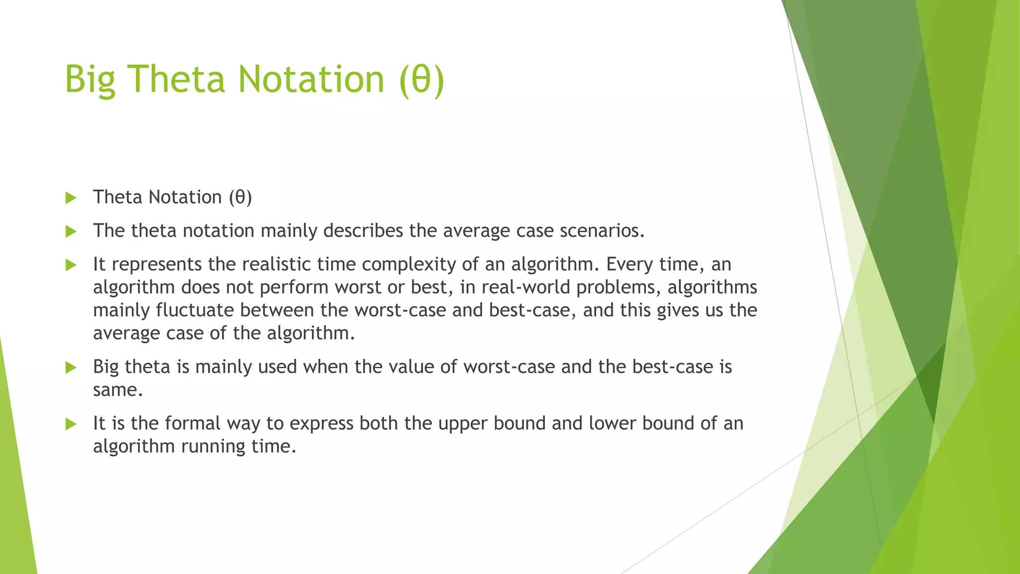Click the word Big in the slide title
(x=90, y=80)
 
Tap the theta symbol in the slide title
(x=421, y=80)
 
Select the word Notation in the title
(x=311, y=80)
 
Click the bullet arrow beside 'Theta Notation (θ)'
(x=71, y=198)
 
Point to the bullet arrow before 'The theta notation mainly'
(x=71, y=231)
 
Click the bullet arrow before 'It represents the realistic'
(x=71, y=265)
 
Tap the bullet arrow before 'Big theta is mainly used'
(x=71, y=368)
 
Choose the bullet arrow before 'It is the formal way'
(x=71, y=424)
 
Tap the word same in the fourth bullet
(x=118, y=390)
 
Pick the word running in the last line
(x=213, y=446)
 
